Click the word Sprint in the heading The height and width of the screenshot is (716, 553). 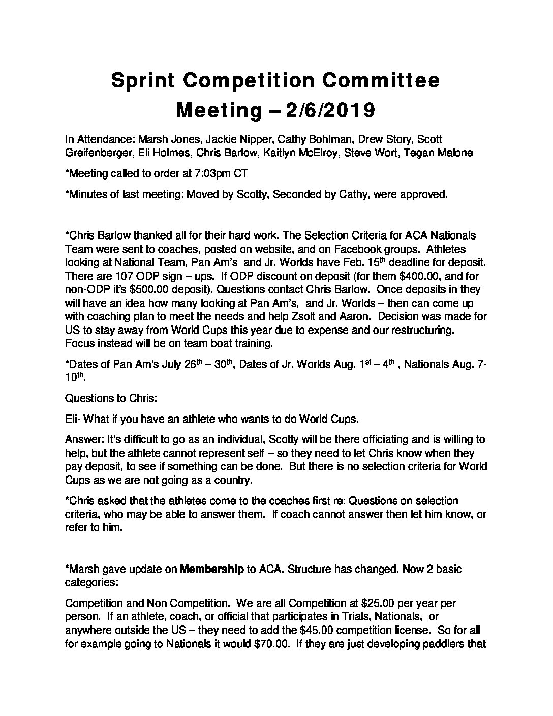144,81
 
